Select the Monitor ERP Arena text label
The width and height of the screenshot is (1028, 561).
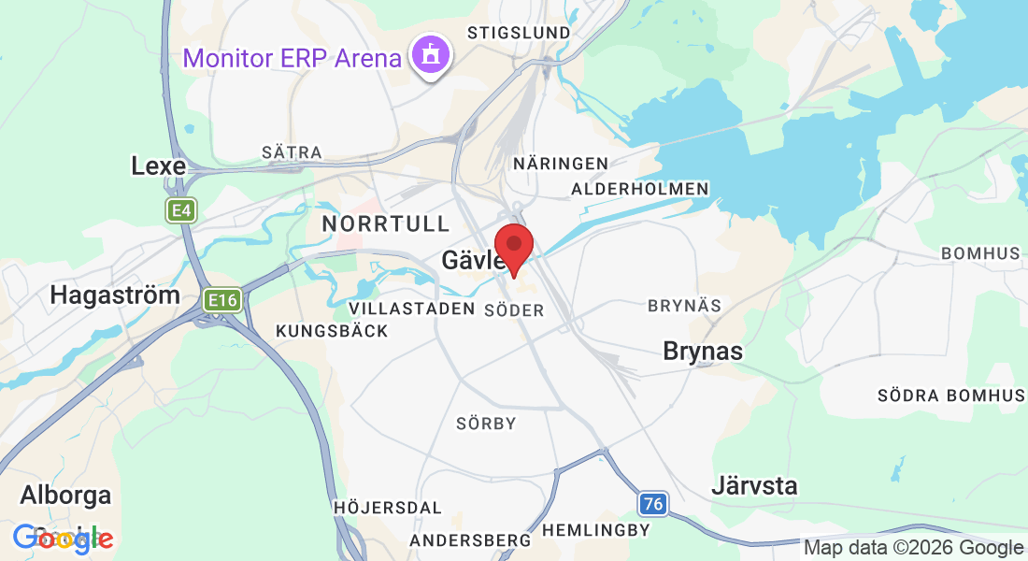292,58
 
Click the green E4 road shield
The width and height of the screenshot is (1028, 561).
180,211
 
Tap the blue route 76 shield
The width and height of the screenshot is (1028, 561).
653,505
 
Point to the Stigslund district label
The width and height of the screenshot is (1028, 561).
519,33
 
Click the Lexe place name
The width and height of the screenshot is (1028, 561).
159,166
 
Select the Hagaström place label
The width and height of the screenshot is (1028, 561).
115,295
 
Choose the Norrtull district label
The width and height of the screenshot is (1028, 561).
386,223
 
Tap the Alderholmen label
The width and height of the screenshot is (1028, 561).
640,189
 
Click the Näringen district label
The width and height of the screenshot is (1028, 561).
561,164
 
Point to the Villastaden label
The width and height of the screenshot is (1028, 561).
411,309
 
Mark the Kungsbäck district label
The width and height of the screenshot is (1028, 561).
332,331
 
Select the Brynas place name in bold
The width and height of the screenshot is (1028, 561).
703,352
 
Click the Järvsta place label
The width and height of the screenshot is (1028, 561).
754,486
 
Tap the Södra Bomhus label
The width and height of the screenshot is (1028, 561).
950,396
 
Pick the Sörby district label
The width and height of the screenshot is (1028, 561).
486,424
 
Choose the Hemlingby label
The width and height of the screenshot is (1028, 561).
595,530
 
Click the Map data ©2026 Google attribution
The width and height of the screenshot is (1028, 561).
913,548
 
